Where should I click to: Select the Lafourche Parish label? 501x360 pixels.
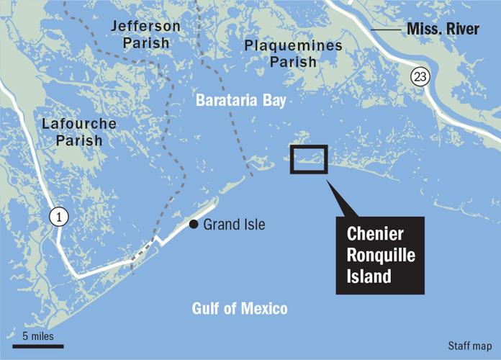[x=79, y=132]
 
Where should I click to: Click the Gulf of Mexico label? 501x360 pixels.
[x=240, y=309]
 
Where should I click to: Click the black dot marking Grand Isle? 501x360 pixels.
[x=194, y=225]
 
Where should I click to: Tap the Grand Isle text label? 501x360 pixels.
[x=234, y=225]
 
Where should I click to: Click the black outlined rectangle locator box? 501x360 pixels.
[x=309, y=159]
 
